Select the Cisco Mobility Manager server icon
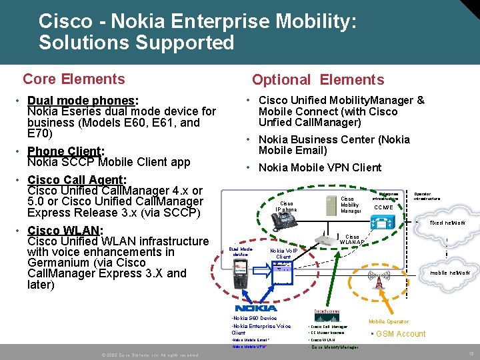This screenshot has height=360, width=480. pyautogui.click(x=330, y=205)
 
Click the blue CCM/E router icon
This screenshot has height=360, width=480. pyautogui.click(x=381, y=225)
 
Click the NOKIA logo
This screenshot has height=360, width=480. pyautogui.click(x=256, y=308)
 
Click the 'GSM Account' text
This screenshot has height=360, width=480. pyautogui.click(x=401, y=334)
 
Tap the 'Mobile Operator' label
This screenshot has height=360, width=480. pyautogui.click(x=389, y=321)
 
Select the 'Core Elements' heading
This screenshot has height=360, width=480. pyautogui.click(x=73, y=79)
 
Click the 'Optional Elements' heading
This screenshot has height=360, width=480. pyautogui.click(x=318, y=80)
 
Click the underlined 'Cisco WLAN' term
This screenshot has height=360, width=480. pyautogui.click(x=63, y=230)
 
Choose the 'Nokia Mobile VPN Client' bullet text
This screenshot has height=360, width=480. pyautogui.click(x=320, y=167)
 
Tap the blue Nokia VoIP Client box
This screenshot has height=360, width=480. pyautogui.click(x=283, y=267)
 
